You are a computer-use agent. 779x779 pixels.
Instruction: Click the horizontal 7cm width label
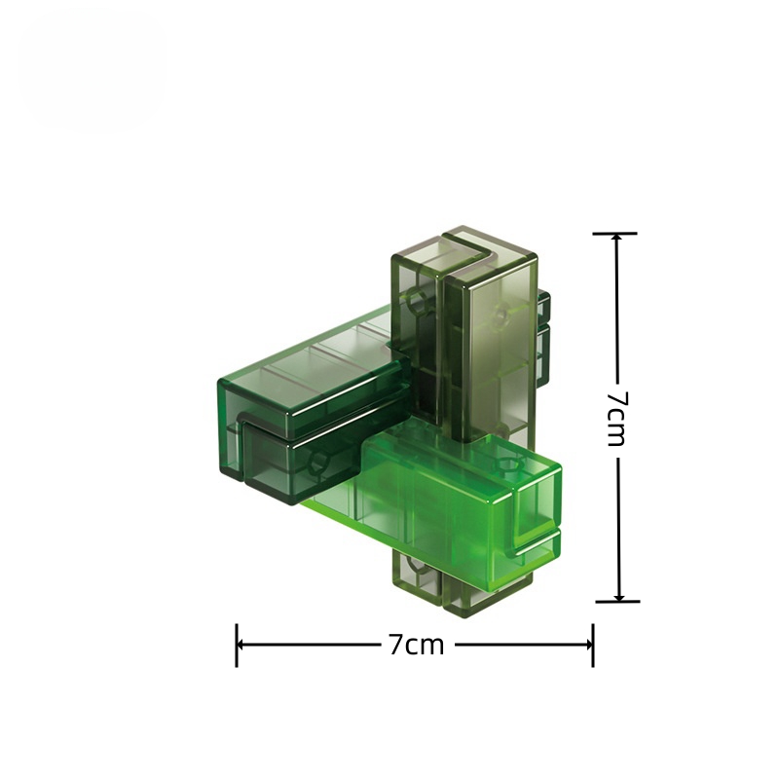[416, 645]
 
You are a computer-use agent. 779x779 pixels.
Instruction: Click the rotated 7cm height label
[618, 419]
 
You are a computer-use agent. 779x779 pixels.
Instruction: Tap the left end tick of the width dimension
[237, 645]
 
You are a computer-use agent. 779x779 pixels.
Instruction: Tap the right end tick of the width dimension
[593, 645]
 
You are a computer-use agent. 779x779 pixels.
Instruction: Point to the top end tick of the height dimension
[615, 233]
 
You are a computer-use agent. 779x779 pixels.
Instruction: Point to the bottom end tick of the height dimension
[618, 601]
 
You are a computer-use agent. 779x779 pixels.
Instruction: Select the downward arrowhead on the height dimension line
[618, 595]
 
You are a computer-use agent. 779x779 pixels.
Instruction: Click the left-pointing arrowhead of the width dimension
[241, 645]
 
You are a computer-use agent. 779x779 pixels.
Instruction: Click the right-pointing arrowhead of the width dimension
[587, 645]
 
